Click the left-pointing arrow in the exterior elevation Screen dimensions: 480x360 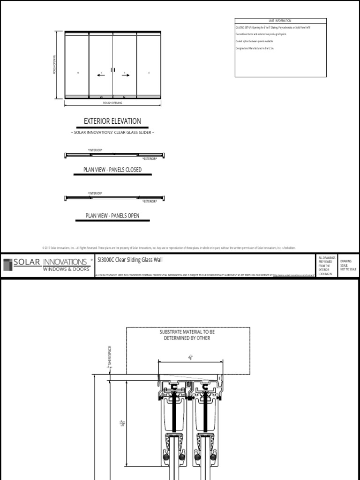[101, 74]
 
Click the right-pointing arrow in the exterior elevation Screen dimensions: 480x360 [125, 74]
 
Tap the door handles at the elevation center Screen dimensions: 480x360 [112, 70]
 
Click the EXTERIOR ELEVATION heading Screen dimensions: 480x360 [112, 121]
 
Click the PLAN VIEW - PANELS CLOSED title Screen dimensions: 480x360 [112, 170]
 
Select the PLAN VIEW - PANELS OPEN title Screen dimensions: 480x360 [112, 216]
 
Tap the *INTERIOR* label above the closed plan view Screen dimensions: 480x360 [95, 150]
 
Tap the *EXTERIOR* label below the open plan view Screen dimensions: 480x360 [150, 201]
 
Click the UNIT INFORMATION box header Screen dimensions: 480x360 [280, 21]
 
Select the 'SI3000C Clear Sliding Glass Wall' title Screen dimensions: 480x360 [130, 259]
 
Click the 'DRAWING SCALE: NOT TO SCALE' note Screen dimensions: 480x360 [348, 264]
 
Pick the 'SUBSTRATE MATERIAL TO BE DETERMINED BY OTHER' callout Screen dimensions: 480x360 [187, 335]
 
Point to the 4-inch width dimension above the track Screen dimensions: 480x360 [190, 357]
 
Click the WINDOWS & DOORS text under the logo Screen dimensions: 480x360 [66, 269]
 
